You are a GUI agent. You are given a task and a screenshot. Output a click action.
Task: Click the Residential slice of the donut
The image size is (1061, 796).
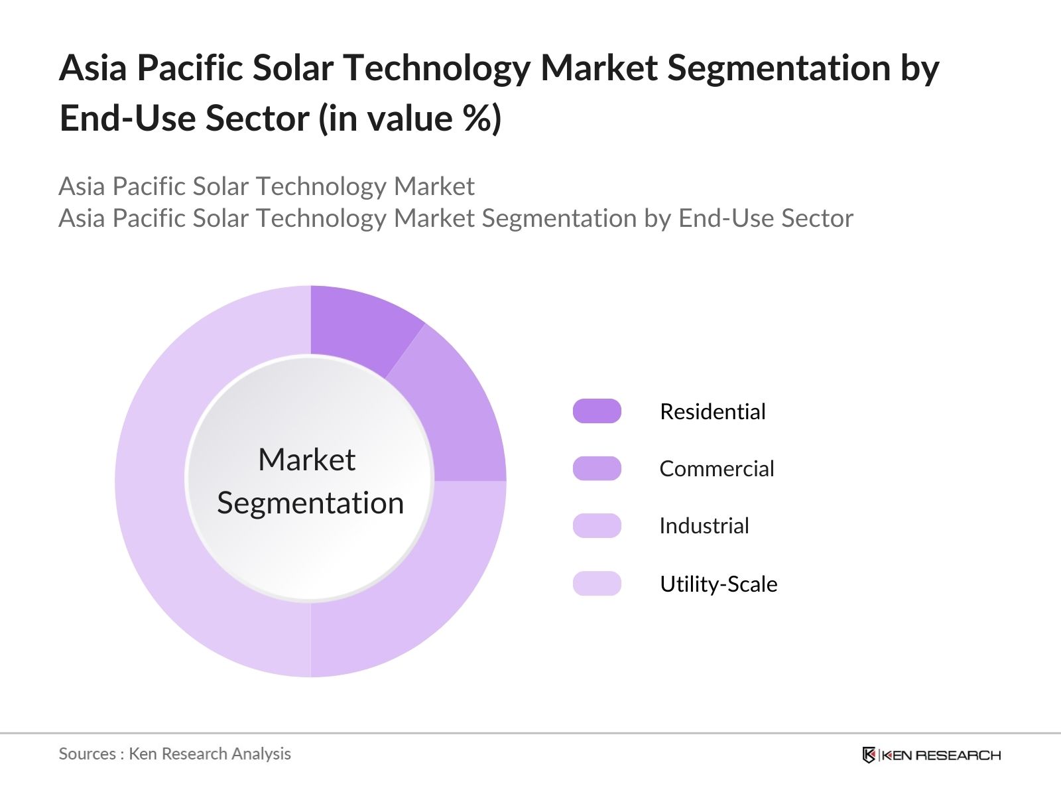click(x=358, y=325)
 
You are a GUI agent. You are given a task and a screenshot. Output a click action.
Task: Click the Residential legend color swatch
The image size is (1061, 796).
click(x=597, y=411)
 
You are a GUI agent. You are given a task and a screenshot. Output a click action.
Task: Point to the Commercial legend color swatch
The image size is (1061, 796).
click(x=597, y=468)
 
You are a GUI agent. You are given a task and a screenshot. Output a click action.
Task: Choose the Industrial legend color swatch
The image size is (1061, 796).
click(x=597, y=526)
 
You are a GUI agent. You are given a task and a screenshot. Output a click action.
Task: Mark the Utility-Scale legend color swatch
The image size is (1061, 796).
click(x=597, y=584)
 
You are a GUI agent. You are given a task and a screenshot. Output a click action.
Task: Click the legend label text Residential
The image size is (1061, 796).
click(x=712, y=412)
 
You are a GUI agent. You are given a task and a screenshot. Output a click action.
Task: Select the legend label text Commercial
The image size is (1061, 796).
click(x=716, y=469)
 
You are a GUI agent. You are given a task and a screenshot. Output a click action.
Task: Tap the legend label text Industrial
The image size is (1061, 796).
click(x=704, y=526)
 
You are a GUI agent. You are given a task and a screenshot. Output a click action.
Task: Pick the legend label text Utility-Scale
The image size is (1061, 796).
click(x=718, y=584)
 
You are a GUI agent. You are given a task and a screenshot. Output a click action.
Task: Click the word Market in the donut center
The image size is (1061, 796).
click(x=306, y=460)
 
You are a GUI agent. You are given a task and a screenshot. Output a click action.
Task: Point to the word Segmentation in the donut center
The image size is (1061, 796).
click(x=310, y=503)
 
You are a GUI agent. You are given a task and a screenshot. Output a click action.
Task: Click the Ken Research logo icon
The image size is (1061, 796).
click(x=869, y=755)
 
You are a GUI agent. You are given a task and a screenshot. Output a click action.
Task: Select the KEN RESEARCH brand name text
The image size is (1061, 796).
click(x=941, y=755)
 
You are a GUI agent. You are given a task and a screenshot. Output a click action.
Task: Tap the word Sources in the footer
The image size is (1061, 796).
click(x=87, y=754)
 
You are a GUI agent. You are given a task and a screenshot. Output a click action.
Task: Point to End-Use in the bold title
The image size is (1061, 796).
click(x=125, y=119)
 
